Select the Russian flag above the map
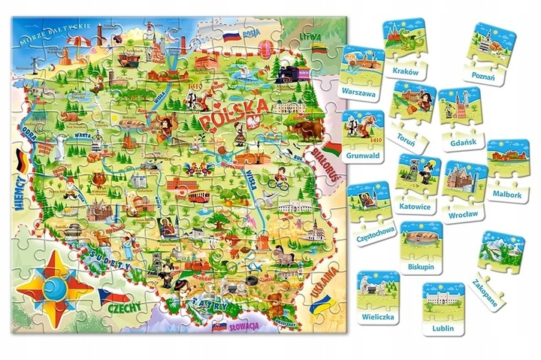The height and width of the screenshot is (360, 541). [x=229, y=35]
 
